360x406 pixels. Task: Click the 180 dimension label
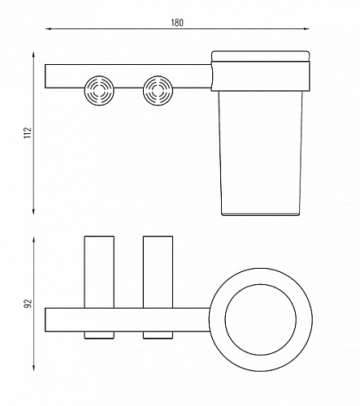(x=177, y=23)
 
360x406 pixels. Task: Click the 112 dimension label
(x=28, y=133)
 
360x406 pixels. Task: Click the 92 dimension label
(x=28, y=303)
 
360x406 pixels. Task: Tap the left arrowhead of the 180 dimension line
(x=48, y=28)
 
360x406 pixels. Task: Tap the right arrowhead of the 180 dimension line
(x=306, y=28)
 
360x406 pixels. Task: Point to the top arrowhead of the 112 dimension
(x=33, y=54)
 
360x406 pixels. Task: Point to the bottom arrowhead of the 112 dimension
(x=33, y=212)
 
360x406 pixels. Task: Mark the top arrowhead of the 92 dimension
(x=33, y=240)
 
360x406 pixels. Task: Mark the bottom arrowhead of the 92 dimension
(x=33, y=368)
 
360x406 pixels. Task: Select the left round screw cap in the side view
(x=99, y=90)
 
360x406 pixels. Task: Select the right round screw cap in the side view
(x=158, y=90)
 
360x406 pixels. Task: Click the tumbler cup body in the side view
(x=261, y=153)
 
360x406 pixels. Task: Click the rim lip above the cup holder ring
(x=261, y=56)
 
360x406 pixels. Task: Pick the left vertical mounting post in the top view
(x=99, y=272)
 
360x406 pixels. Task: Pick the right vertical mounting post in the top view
(x=158, y=272)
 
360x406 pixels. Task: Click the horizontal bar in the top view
(x=128, y=320)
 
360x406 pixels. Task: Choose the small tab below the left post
(x=99, y=335)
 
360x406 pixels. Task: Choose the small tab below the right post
(x=158, y=335)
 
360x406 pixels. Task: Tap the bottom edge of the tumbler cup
(x=261, y=214)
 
